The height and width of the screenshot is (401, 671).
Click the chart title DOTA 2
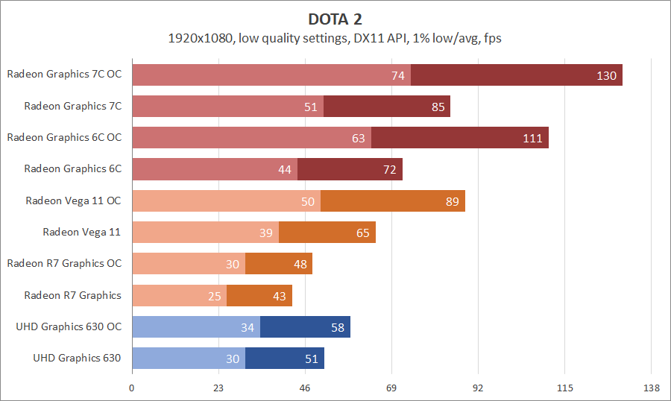click(335, 18)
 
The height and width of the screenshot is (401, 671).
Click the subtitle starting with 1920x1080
click(335, 38)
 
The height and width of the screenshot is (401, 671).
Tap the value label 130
click(606, 75)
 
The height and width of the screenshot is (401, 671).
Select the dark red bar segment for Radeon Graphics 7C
click(386, 107)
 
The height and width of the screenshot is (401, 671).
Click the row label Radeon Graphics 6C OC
click(64, 137)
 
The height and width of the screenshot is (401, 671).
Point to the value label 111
click(532, 138)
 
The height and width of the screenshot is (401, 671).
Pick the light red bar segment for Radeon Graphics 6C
click(215, 169)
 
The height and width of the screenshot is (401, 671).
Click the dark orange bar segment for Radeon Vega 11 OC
click(392, 200)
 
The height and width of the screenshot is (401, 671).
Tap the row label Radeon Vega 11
click(81, 232)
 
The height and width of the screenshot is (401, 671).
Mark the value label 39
click(266, 233)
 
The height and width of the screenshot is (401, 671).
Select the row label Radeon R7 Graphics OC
click(64, 263)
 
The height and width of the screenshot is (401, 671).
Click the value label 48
click(300, 264)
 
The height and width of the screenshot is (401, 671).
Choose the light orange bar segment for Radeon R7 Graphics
click(179, 295)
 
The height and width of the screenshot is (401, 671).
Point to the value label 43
click(280, 296)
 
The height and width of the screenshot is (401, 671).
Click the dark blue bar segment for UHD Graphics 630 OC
click(305, 326)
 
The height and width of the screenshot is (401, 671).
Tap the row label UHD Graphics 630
click(77, 358)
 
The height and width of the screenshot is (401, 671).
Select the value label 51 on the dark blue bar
click(312, 359)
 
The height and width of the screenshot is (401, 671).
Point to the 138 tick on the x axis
click(651, 388)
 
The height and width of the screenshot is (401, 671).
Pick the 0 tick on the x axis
click(132, 388)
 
